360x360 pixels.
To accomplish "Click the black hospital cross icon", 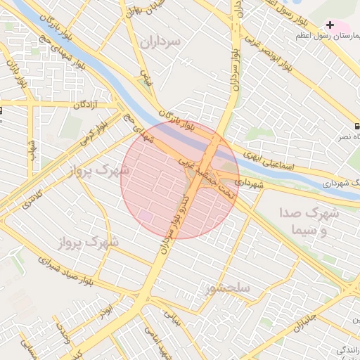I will click(330, 25).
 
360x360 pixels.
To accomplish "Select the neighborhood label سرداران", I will click(160, 41).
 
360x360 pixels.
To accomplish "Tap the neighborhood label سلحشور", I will click(229, 288).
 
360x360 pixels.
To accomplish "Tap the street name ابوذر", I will click(106, 310).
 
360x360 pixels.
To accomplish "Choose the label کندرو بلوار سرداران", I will click(174, 218).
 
